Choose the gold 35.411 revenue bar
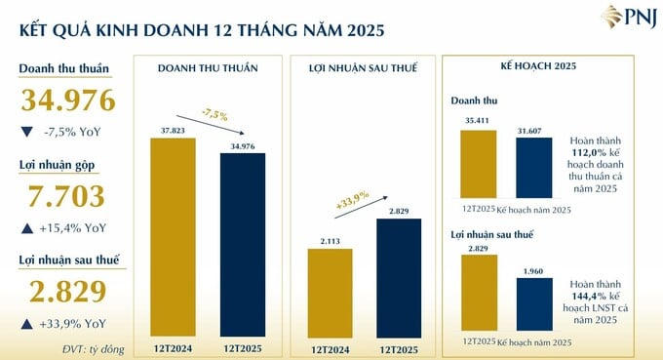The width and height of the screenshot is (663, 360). [x=478, y=164]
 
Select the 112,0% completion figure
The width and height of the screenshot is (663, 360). [x=590, y=152]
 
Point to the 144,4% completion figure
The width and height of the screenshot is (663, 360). [x=590, y=292]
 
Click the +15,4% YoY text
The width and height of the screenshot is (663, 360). [x=74, y=229]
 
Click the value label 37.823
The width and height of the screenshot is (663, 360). [x=173, y=129]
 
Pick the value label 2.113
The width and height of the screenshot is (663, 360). [x=330, y=241]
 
